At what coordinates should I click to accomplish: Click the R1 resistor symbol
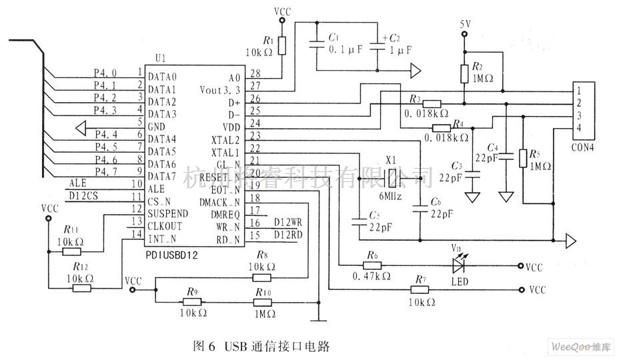(x=282, y=46)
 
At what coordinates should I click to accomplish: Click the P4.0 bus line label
(x=105, y=73)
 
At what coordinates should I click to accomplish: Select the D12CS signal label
(x=84, y=196)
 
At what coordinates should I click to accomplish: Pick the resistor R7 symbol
(x=420, y=290)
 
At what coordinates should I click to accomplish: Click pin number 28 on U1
(x=254, y=73)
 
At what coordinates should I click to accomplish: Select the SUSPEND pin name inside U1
(x=167, y=214)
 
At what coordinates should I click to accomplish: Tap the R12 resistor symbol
(x=82, y=288)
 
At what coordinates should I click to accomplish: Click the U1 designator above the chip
(x=158, y=59)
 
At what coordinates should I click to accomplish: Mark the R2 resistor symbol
(x=465, y=73)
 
